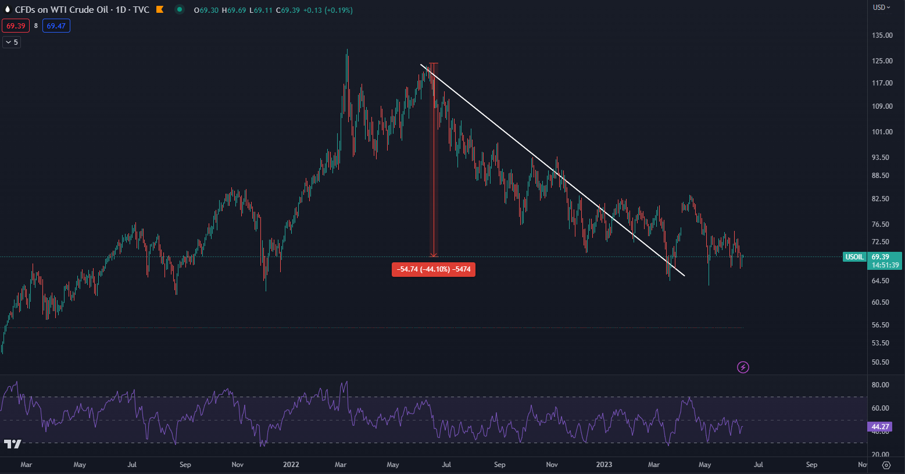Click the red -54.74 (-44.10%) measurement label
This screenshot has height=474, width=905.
[434, 269]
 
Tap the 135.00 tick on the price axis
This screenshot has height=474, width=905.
[882, 35]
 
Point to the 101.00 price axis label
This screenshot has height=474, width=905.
[882, 132]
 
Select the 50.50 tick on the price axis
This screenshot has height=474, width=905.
[881, 362]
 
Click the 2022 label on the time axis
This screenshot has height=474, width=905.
[291, 465]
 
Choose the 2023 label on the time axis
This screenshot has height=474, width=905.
[604, 465]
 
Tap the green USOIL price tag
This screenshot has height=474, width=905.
[854, 257]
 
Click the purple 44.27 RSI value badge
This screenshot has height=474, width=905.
[881, 427]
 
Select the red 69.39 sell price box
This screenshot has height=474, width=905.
[16, 26]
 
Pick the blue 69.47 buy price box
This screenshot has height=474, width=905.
[56, 26]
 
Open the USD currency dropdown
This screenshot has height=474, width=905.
[881, 8]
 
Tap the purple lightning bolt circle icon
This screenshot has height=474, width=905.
[743, 367]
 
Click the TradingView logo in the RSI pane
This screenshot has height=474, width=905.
[12, 444]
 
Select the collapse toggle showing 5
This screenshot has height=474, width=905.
[12, 42]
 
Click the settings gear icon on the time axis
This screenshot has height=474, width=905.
[886, 465]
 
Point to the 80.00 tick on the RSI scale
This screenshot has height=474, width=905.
[880, 385]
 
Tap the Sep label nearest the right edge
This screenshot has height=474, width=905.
[811, 465]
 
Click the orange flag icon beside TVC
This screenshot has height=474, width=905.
[160, 10]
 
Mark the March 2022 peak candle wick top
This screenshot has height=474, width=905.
[347, 50]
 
